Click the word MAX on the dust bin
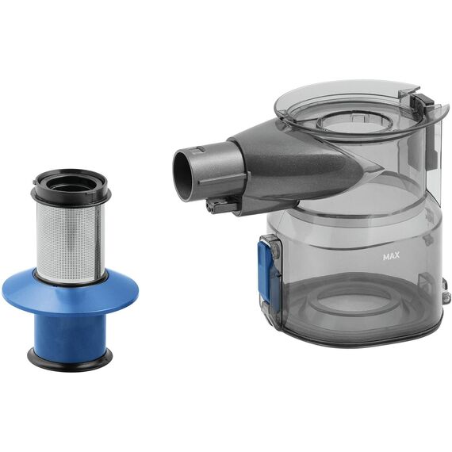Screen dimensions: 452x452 click(x=391, y=256)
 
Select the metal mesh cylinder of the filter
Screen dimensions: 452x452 click(x=70, y=242)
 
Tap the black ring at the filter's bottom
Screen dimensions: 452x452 click(x=70, y=357)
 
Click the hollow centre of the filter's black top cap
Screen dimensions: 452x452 click(x=70, y=184)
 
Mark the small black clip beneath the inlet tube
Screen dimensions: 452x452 click(x=221, y=206)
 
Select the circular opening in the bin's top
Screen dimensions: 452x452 click(x=354, y=122)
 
